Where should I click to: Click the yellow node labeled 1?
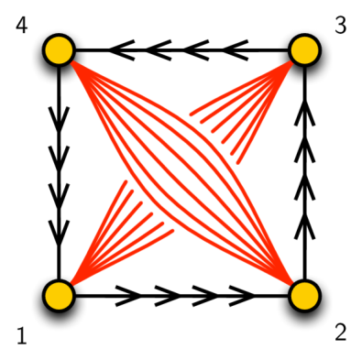59,296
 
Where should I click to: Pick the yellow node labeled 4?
59,49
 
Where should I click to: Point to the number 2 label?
341,332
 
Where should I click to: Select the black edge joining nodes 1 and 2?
183,296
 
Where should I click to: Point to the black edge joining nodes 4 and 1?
59,174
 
